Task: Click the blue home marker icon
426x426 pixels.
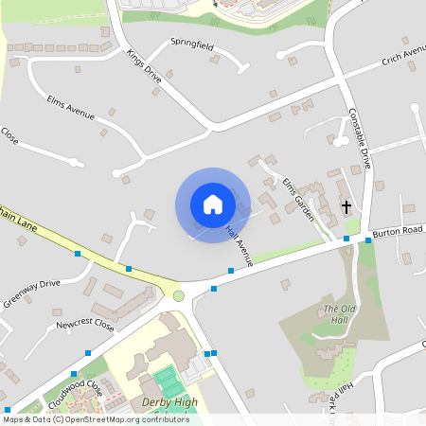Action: (213, 204)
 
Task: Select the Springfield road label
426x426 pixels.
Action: (192, 44)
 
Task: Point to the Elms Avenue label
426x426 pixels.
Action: (70, 107)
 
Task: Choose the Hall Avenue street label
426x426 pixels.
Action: (240, 244)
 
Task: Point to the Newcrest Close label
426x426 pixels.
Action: (85, 325)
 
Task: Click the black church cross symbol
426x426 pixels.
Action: (346, 205)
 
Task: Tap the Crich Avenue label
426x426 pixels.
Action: (404, 58)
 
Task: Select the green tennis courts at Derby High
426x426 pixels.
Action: (169, 382)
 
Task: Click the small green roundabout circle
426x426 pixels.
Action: (178, 295)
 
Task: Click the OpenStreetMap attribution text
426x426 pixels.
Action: (95, 419)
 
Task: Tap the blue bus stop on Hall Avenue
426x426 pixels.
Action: (230, 271)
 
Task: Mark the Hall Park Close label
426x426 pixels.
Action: (333, 398)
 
